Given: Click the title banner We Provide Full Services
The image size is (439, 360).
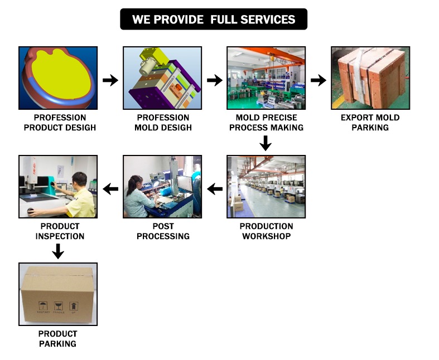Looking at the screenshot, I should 214,20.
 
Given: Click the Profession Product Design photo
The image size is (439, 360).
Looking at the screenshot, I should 58,77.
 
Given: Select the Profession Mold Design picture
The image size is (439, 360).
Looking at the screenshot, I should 162,77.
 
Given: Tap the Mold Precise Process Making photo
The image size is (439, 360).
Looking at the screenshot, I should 266,77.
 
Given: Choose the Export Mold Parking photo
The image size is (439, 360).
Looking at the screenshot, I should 370,77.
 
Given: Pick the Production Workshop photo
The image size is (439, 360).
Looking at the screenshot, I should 266,186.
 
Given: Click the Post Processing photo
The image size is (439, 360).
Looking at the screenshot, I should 162,186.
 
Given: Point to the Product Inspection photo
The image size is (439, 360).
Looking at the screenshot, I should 58,186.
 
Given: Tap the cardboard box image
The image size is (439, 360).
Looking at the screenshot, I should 58,294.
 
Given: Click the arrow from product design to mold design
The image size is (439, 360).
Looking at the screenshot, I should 110,80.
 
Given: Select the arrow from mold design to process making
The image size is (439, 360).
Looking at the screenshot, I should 214,80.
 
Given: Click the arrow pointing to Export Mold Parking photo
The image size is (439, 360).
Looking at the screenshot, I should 318,80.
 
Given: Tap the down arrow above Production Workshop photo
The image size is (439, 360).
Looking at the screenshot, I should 266,143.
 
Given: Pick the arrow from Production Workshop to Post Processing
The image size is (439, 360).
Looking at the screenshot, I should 214,189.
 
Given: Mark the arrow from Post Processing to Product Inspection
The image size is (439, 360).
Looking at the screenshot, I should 110,189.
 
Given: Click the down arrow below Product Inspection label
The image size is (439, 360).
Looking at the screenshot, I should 58,252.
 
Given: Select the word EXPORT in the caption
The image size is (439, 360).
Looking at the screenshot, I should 356,118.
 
